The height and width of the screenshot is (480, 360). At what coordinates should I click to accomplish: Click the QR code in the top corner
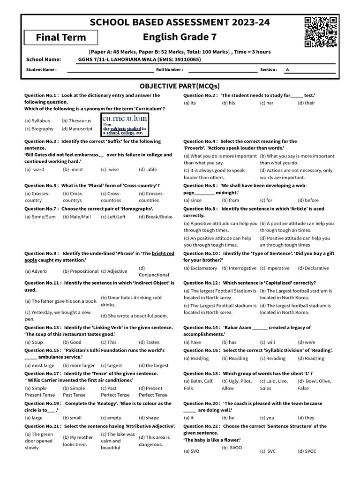point(321,32)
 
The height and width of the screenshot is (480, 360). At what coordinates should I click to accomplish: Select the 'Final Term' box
point(61,37)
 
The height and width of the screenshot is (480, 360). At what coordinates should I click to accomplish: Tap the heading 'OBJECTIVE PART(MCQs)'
point(180,86)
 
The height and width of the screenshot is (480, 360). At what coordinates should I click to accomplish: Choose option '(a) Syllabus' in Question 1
point(37,120)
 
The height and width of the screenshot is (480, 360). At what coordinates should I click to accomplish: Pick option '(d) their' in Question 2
point(307,103)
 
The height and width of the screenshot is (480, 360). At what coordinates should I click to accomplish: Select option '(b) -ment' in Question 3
point(73,170)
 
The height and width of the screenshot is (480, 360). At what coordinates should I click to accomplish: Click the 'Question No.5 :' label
point(42,185)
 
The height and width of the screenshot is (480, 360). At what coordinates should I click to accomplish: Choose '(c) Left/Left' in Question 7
point(113,217)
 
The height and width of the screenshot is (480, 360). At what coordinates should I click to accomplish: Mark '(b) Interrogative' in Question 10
point(239,268)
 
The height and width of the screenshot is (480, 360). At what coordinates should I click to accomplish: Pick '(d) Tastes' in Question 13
point(149,342)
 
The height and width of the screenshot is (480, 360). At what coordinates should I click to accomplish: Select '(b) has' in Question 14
point(229,342)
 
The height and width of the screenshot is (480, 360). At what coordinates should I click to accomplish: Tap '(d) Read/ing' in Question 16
point(311,358)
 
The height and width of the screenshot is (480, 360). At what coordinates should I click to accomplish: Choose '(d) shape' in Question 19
point(149,418)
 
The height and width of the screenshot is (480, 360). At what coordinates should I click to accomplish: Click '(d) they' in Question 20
point(306,418)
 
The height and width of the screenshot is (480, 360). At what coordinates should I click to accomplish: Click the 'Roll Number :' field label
point(169,70)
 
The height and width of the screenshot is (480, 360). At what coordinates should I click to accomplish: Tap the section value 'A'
point(287,70)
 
